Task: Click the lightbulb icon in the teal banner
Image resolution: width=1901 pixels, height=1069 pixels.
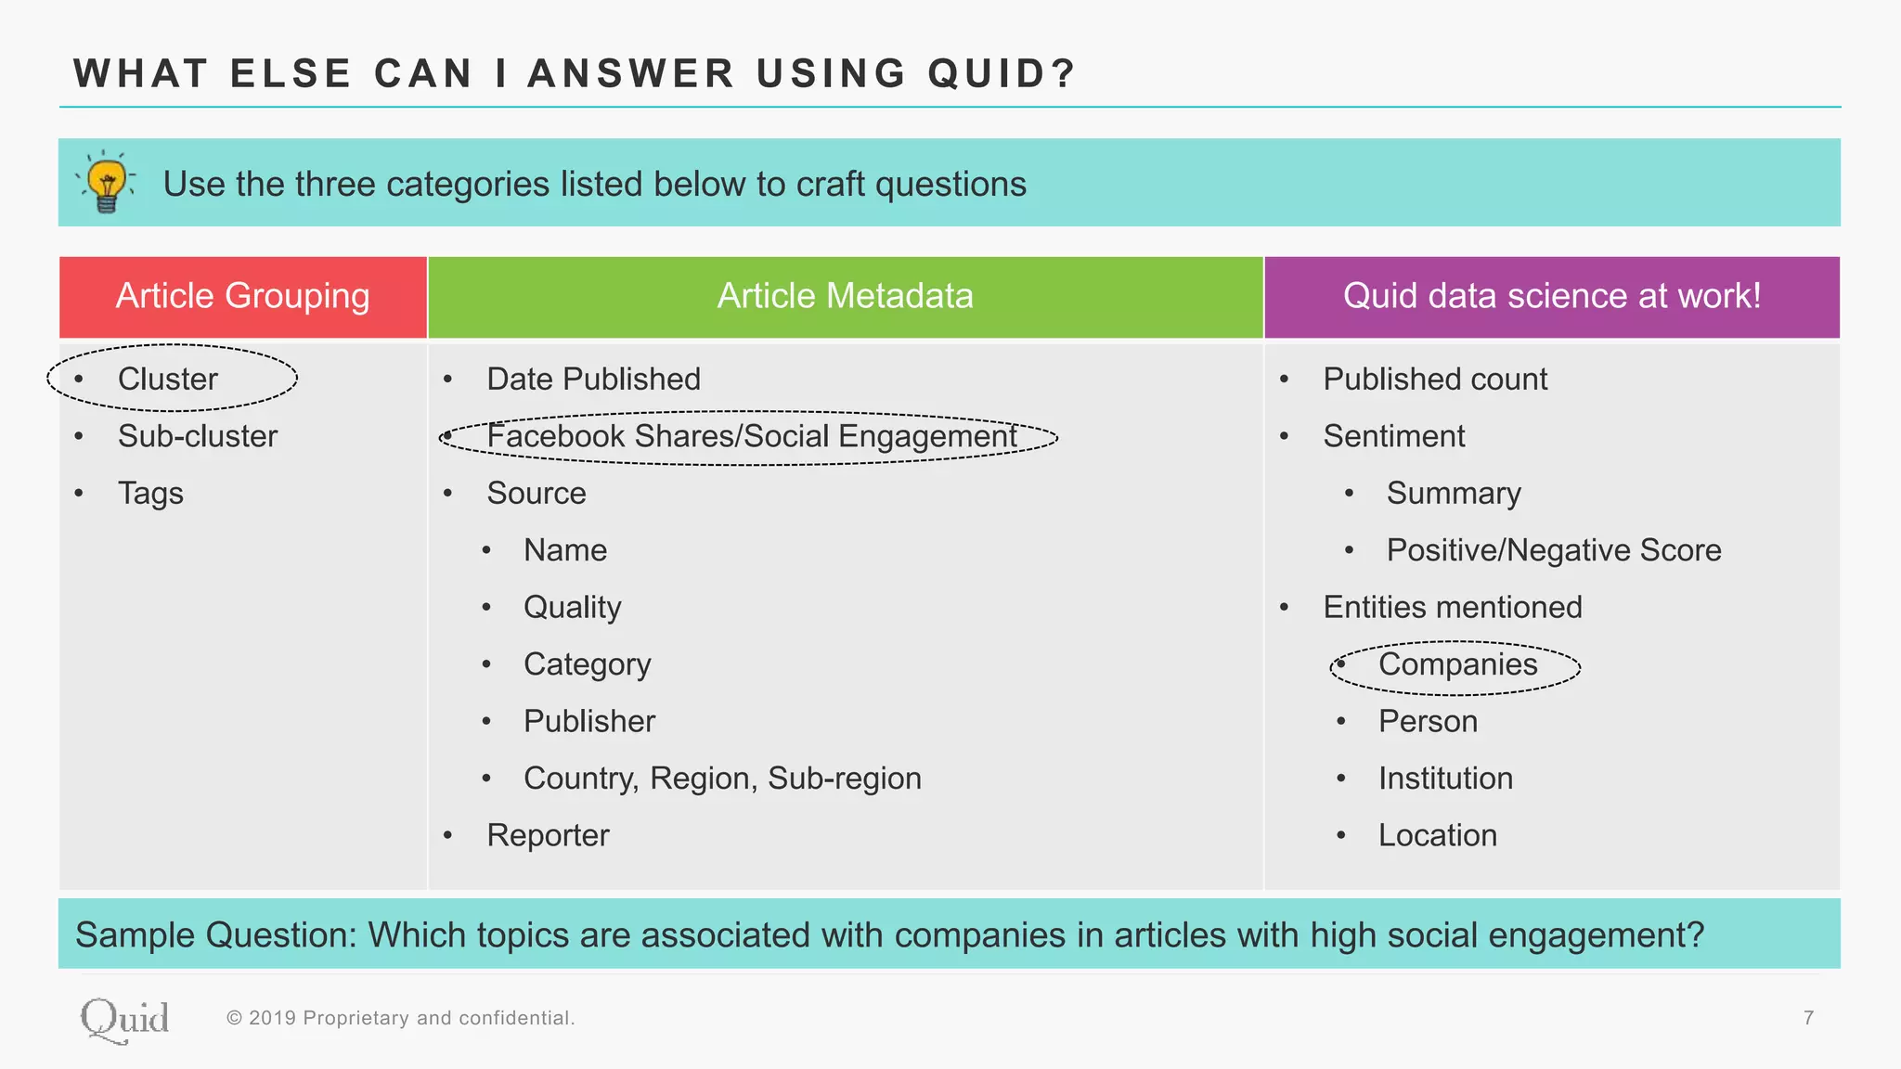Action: [108, 182]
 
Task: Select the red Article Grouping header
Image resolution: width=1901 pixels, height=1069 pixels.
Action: [242, 296]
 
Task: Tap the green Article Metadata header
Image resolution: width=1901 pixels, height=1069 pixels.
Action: [845, 296]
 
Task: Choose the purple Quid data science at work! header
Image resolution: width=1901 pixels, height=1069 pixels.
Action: [1551, 296]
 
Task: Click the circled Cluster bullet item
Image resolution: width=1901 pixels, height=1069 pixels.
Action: [168, 379]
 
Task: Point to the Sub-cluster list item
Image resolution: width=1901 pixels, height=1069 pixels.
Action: [197, 436]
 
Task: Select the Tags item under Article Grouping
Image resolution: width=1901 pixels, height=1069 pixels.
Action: [150, 493]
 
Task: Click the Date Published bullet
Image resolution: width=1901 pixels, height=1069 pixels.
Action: [593, 379]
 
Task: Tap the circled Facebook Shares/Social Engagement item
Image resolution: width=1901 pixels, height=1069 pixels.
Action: [751, 436]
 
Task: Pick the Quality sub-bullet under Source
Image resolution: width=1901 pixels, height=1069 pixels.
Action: [572, 607]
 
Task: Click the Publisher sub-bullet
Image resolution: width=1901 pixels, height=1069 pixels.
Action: [588, 721]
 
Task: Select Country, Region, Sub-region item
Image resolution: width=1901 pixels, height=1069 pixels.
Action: [722, 778]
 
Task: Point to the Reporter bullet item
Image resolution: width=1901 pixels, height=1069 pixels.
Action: [548, 835]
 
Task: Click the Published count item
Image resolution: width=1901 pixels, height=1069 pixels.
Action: [1435, 379]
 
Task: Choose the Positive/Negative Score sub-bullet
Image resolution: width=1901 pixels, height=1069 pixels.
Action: [1553, 550]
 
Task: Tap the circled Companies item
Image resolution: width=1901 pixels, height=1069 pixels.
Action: [1457, 664]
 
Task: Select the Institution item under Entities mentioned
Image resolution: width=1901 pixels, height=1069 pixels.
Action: [1445, 778]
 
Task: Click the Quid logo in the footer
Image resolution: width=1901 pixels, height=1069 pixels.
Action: [124, 1020]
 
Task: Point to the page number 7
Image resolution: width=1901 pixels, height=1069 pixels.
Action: [1808, 1018]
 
